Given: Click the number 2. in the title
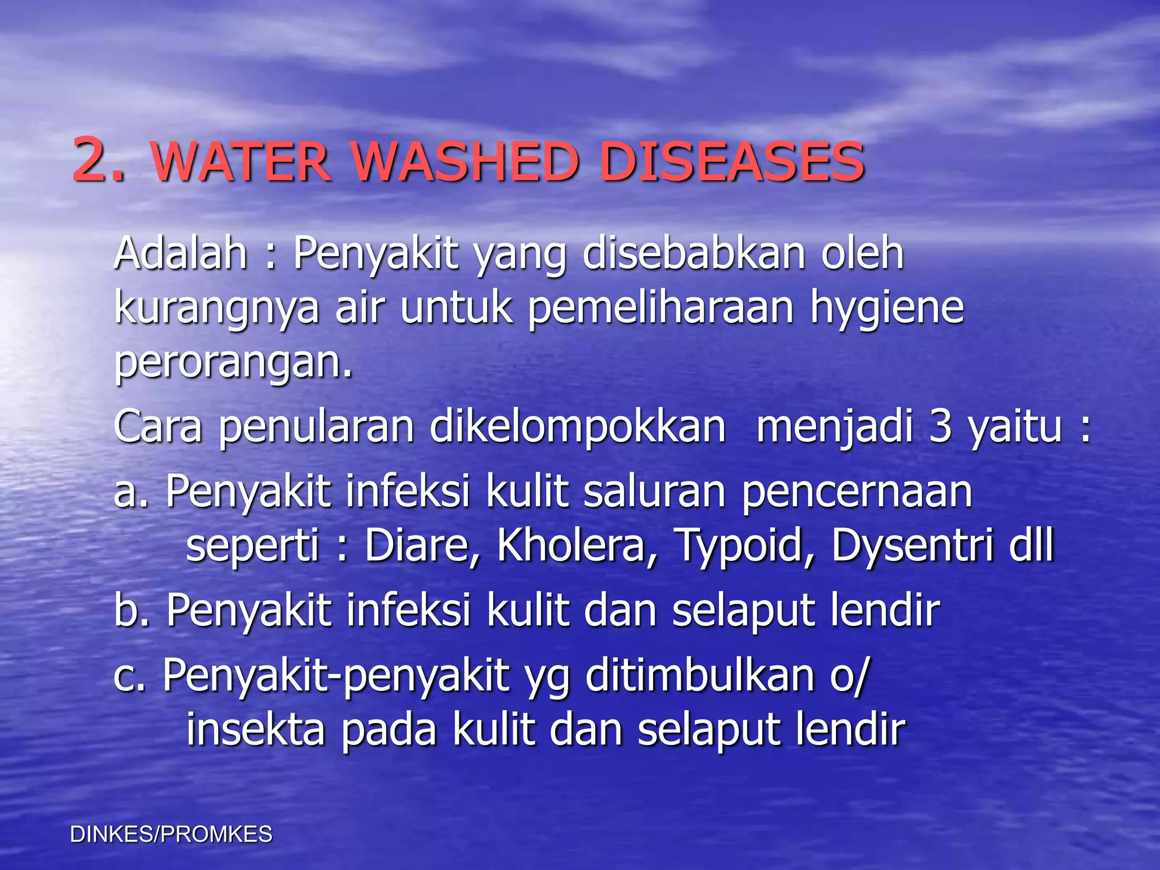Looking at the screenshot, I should tap(97, 161).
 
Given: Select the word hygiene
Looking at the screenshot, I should tap(887, 309).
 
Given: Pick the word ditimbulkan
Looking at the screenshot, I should tap(700, 675).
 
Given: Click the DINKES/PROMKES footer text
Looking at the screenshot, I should tap(171, 834).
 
